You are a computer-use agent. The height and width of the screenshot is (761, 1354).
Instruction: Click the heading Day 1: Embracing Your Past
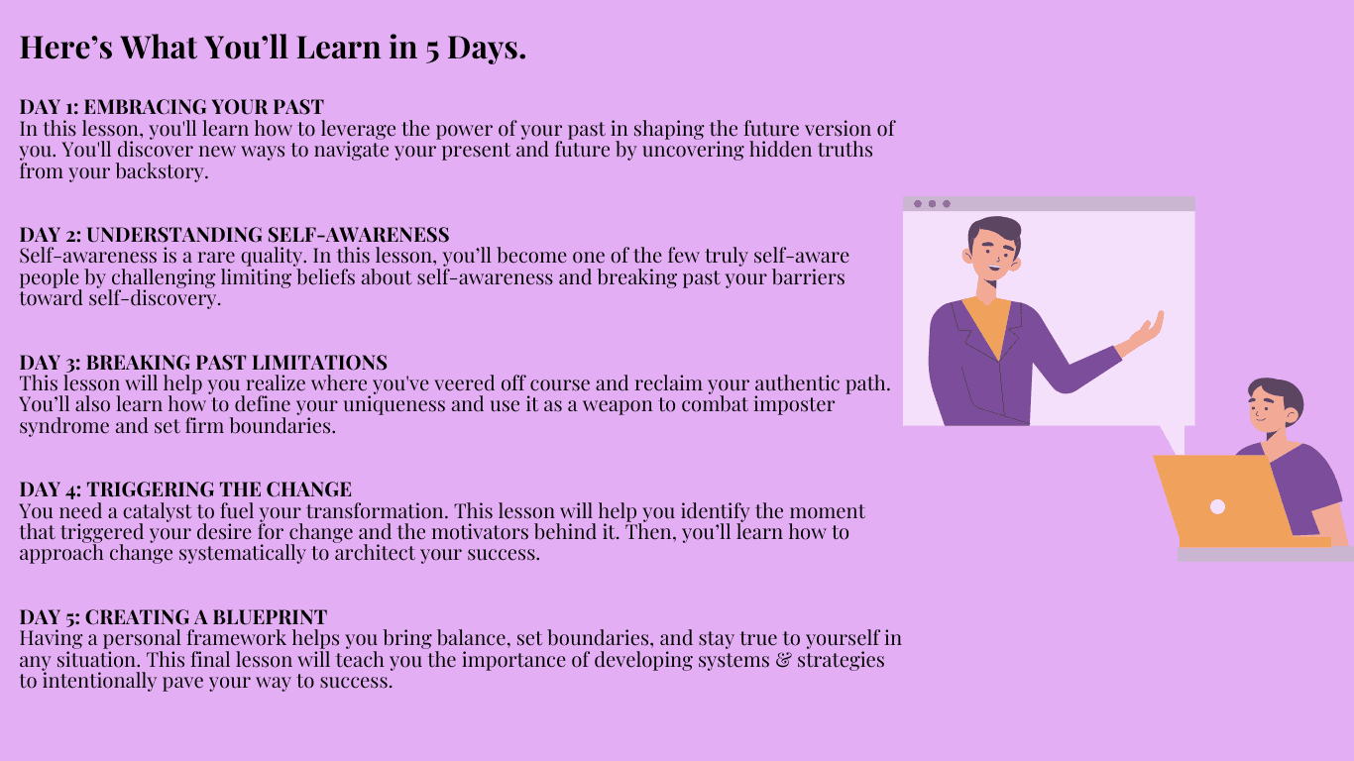(x=171, y=107)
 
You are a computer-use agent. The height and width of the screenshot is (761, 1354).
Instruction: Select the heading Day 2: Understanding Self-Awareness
(x=235, y=235)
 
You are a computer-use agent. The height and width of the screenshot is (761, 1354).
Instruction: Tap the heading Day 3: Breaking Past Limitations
(x=203, y=362)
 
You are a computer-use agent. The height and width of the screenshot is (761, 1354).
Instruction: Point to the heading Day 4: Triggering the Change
(x=185, y=489)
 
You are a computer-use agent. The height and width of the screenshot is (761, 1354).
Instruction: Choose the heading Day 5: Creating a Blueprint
(x=172, y=617)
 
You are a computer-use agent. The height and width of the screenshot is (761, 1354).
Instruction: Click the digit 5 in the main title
(x=431, y=50)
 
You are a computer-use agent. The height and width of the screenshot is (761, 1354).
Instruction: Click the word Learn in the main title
(x=339, y=48)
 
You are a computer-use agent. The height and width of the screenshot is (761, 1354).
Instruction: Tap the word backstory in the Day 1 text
(x=162, y=171)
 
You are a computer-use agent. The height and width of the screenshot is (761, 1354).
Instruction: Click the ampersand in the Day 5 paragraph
(x=783, y=660)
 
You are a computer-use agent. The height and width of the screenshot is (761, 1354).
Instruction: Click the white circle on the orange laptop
(x=1217, y=506)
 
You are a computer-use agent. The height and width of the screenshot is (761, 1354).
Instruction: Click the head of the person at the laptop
(x=1276, y=405)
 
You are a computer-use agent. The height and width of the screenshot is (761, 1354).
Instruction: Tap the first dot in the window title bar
(x=918, y=204)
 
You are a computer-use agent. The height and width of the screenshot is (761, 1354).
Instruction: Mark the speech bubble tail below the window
(x=1174, y=439)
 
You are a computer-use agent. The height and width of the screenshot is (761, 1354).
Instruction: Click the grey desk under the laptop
(x=1266, y=554)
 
